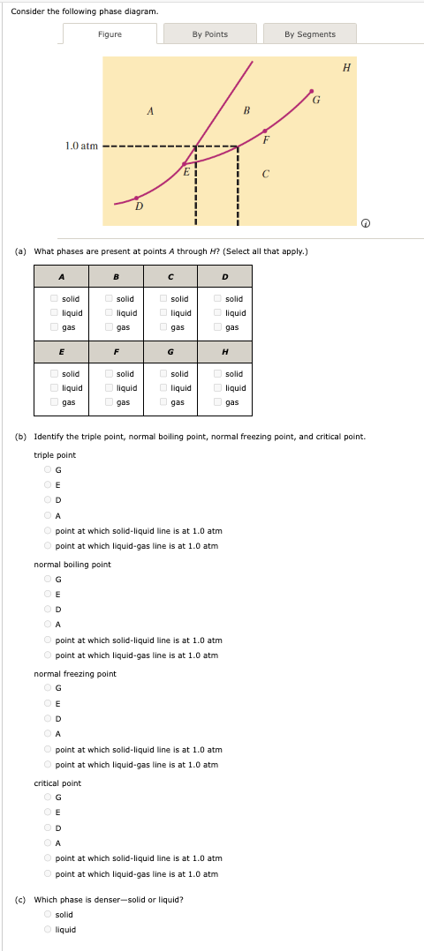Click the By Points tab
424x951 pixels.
tap(209, 34)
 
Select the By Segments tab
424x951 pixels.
tap(309, 34)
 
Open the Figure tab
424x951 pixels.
tap(110, 34)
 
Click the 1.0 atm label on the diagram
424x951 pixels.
tap(81, 146)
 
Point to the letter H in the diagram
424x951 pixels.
tap(346, 67)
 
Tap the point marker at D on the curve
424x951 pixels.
tap(135, 198)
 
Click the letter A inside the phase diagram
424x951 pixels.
tap(151, 111)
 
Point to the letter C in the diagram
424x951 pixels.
tap(265, 174)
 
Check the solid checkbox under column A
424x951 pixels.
tap(55, 299)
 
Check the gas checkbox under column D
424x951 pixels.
tap(218, 327)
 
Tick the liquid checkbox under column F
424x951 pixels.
tap(109, 388)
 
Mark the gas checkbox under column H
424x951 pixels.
tap(218, 402)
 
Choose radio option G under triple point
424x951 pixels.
tap(48, 469)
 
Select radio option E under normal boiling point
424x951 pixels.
tap(48, 594)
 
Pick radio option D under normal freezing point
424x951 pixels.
tap(48, 718)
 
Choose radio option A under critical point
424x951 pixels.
tap(48, 842)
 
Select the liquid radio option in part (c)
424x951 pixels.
tap(48, 930)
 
